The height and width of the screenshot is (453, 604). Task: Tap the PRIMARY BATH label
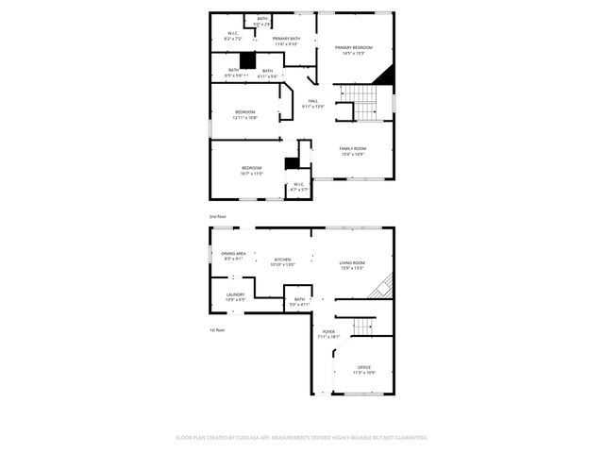(x=286, y=40)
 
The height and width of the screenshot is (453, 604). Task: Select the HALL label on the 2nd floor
(x=312, y=102)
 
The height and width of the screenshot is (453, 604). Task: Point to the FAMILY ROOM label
(x=353, y=149)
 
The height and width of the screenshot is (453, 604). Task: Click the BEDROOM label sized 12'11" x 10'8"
(x=244, y=112)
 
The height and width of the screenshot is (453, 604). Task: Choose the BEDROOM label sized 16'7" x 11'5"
(x=251, y=169)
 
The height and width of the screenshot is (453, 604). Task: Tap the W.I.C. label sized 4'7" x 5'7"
(x=299, y=185)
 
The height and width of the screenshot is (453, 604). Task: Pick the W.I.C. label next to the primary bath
(x=232, y=35)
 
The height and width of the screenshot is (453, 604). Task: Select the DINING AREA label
(x=234, y=254)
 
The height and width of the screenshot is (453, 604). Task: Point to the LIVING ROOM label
(x=352, y=263)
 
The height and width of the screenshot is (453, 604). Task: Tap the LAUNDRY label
(x=235, y=295)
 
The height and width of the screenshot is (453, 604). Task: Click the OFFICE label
(x=364, y=368)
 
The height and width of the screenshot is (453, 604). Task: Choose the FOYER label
(x=328, y=332)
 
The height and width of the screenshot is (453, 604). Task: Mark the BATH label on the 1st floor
(x=299, y=300)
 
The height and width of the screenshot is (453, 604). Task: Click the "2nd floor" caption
(x=218, y=216)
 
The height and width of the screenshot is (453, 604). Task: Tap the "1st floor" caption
(x=218, y=329)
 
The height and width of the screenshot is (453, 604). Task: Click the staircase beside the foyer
(x=364, y=327)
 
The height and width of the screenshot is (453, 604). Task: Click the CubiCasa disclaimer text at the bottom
(x=302, y=437)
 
